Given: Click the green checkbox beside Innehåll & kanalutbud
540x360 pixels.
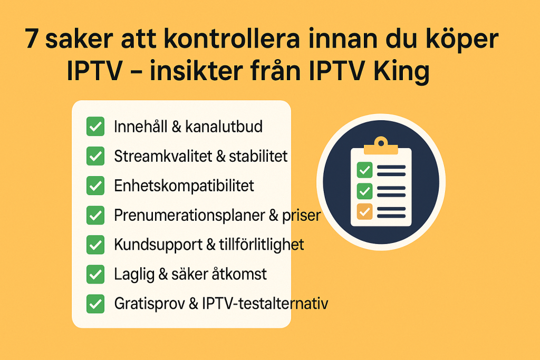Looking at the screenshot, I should [x=95, y=127].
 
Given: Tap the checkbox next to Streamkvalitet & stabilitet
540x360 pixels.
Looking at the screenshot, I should [x=95, y=157].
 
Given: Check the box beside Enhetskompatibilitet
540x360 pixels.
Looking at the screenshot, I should [x=95, y=186].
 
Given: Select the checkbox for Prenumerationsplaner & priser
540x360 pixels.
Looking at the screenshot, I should [x=95, y=215].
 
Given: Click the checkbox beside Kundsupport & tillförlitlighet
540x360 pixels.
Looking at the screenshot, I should [x=95, y=245].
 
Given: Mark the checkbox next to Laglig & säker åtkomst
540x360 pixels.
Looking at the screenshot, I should [x=95, y=274].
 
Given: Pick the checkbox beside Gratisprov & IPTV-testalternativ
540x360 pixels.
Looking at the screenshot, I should [x=95, y=304].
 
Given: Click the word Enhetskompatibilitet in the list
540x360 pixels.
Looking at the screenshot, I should [x=184, y=186].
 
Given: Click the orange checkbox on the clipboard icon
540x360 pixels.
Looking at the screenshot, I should [x=365, y=211].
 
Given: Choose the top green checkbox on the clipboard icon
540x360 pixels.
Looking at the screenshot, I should [x=365, y=170].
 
